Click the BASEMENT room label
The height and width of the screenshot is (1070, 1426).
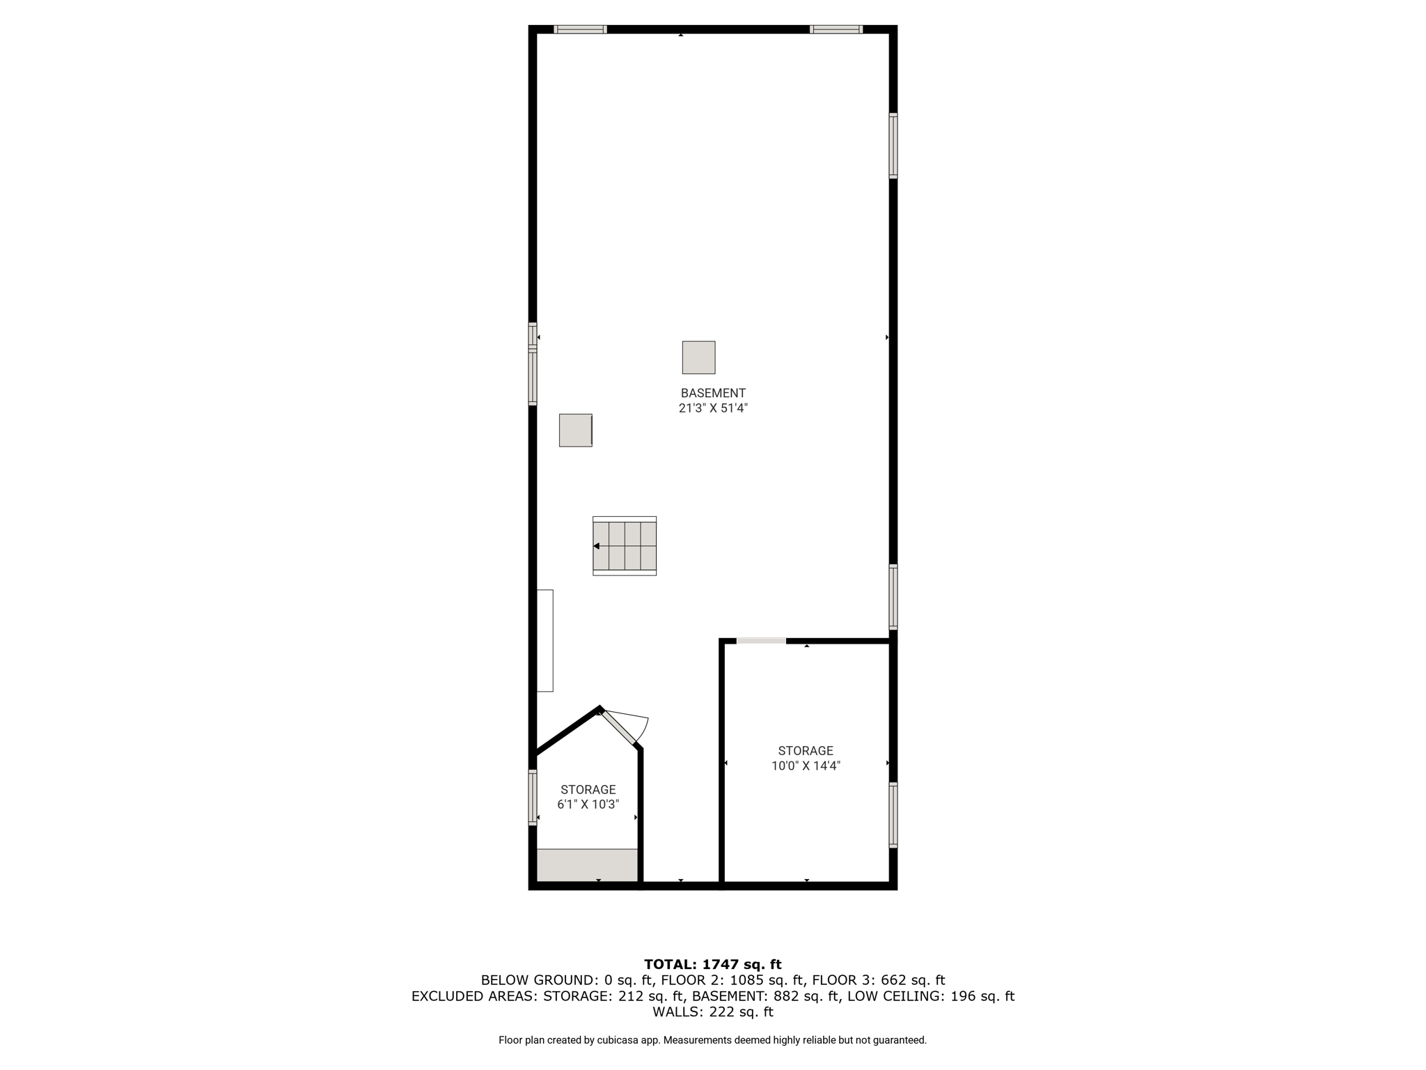point(713,393)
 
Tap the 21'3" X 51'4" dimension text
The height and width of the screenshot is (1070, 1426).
point(713,408)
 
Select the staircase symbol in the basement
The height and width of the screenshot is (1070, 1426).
point(625,545)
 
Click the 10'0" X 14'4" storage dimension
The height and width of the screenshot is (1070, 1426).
point(806,766)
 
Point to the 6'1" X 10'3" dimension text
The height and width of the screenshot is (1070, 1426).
point(588,805)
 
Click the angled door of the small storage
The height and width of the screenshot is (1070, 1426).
point(620,728)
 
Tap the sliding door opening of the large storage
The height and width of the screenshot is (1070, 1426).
point(761,640)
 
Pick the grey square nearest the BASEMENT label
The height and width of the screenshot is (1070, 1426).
point(698,357)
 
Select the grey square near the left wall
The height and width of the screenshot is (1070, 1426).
point(576,430)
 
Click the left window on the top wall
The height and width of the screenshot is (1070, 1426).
point(580,29)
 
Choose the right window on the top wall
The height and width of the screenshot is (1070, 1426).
point(836,29)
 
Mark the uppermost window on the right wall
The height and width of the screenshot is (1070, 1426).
point(893,146)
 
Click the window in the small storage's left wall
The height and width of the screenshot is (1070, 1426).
point(533,798)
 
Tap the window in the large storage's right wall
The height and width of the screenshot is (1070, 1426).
point(893,815)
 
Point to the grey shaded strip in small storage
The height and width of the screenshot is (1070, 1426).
point(587,865)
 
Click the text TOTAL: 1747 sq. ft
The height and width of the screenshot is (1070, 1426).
point(713,964)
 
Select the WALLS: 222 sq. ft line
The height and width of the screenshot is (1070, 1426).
point(713,1011)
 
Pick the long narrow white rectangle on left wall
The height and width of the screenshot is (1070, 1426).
point(545,641)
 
